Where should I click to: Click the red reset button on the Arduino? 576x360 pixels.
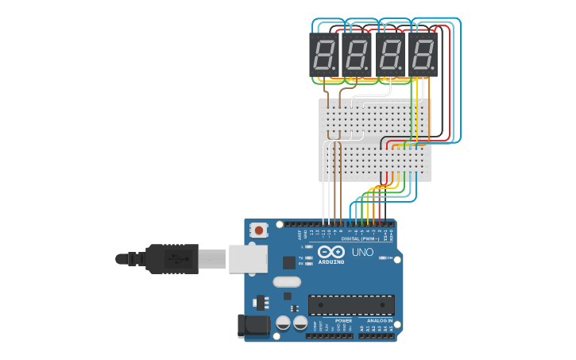tap(258, 230)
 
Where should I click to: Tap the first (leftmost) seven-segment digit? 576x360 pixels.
tap(325, 54)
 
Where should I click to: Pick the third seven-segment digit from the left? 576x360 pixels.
tap(390, 54)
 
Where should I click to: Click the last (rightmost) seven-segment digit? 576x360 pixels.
tap(423, 54)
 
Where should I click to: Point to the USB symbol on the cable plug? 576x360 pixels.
tap(180, 258)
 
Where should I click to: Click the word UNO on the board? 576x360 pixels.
tap(362, 253)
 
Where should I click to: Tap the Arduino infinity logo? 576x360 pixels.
tap(331, 252)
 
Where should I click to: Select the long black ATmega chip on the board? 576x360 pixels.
tap(351, 305)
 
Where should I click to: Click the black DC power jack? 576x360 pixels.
tap(254, 324)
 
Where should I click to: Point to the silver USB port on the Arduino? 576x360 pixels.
tap(248, 259)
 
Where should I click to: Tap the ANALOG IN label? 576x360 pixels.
tap(380, 320)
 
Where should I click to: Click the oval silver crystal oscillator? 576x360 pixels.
tap(287, 281)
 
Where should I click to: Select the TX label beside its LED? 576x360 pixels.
tap(301, 258)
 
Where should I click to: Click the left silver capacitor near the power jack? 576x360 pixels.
tap(283, 323)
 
